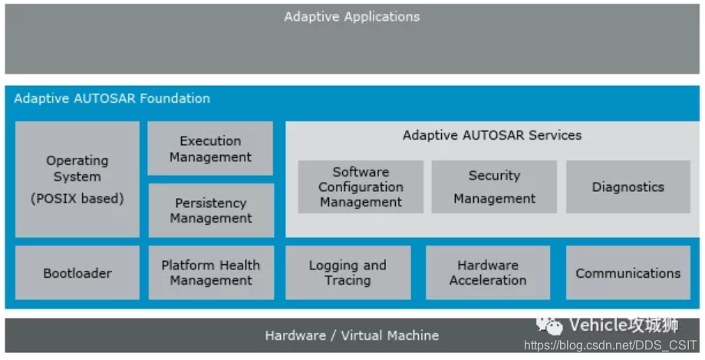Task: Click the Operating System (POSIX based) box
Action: tap(77, 179)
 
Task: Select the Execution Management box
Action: tap(210, 149)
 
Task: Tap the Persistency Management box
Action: tap(210, 210)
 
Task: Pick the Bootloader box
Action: tap(77, 272)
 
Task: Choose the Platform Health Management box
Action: tap(210, 272)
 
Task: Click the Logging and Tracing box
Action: tap(348, 272)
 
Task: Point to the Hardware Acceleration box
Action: tap(488, 272)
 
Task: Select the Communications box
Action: tap(628, 272)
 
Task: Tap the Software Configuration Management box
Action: tap(361, 187)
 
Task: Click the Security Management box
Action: tap(494, 187)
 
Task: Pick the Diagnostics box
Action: tap(628, 187)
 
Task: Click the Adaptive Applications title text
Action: tap(352, 16)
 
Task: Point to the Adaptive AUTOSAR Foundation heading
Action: tap(112, 98)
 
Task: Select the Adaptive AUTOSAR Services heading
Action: tap(492, 135)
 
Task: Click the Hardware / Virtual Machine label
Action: tap(352, 335)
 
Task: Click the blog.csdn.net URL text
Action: tap(611, 346)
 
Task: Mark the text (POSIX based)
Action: tap(77, 199)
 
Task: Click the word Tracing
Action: tap(348, 280)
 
